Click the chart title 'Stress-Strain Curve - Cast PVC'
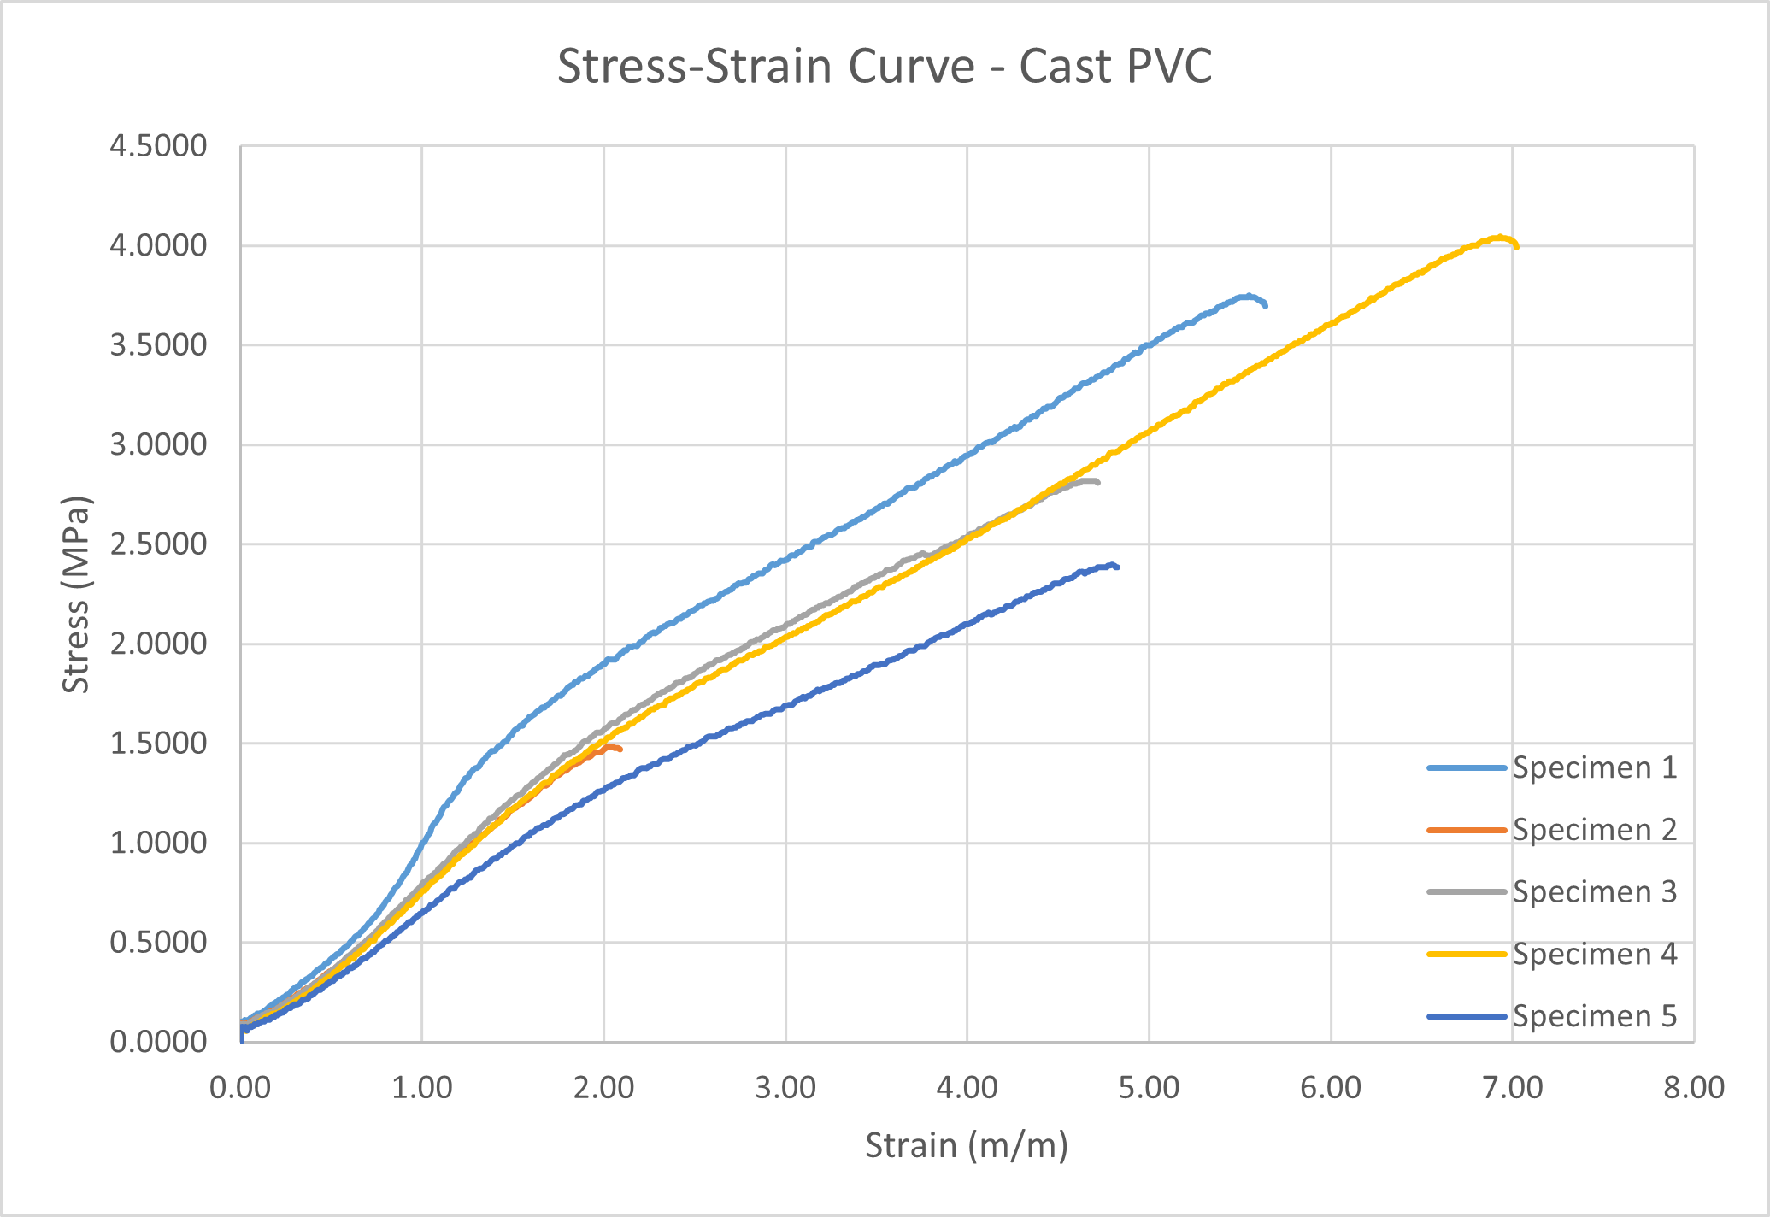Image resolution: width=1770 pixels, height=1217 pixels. [x=885, y=67]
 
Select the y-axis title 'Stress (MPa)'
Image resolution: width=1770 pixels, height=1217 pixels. [x=77, y=595]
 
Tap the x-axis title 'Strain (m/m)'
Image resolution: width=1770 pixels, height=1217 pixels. [x=967, y=1145]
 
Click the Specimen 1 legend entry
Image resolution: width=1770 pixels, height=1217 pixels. [x=1552, y=767]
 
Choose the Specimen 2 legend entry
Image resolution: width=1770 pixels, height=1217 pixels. [x=1552, y=829]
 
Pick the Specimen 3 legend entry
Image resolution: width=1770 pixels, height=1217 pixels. [x=1552, y=891]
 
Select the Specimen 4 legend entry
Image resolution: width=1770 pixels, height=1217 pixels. [x=1552, y=954]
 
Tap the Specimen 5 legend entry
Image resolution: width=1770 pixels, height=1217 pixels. [x=1552, y=1016]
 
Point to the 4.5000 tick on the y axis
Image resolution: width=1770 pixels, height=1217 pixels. [x=158, y=146]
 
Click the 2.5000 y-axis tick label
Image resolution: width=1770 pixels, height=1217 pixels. [x=158, y=544]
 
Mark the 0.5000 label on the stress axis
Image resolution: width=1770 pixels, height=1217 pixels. [x=158, y=943]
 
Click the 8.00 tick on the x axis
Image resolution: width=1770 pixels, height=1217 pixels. [x=1694, y=1087]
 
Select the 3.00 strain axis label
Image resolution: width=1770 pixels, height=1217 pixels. [x=785, y=1087]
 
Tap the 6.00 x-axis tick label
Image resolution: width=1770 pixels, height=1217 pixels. [x=1331, y=1087]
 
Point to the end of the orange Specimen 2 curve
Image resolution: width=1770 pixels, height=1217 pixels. [x=620, y=750]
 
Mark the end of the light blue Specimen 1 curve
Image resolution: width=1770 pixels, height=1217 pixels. [x=1265, y=305]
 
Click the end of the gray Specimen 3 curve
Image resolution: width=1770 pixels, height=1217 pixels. [x=1097, y=483]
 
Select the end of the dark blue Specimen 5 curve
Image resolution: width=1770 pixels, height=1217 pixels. [x=1117, y=567]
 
